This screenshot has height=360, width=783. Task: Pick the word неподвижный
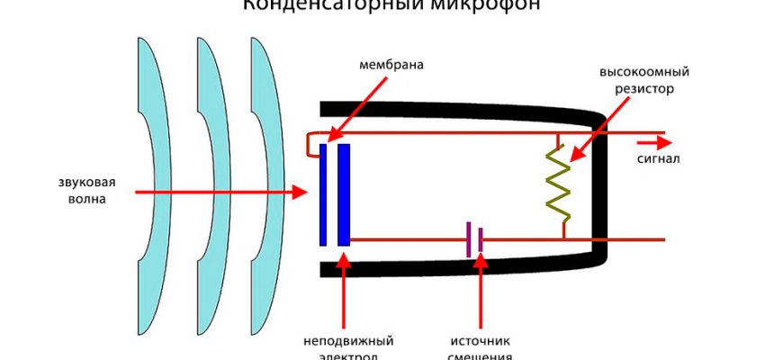click(348, 341)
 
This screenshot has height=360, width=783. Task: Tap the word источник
click(481, 341)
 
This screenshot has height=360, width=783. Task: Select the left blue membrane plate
click(323, 193)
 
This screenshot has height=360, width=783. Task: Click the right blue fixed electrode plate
click(344, 193)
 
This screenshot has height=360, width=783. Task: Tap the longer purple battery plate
click(468, 239)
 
